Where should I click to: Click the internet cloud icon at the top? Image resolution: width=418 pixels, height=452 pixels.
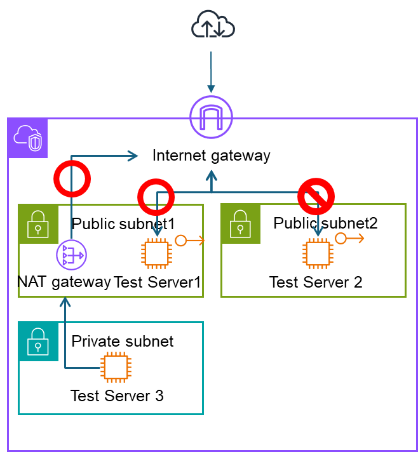[213, 24]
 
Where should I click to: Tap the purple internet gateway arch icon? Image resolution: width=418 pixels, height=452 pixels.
[211, 117]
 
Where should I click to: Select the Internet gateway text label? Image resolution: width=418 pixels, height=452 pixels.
[211, 156]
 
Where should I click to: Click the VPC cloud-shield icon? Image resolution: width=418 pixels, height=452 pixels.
[28, 138]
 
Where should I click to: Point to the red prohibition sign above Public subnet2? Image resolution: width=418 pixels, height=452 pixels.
[316, 196]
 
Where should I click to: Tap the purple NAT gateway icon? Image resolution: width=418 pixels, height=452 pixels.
[72, 255]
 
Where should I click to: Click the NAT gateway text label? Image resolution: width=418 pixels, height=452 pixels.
[64, 282]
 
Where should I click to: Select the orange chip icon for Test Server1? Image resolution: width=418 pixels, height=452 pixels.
[157, 254]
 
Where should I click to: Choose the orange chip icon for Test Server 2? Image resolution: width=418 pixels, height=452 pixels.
[318, 254]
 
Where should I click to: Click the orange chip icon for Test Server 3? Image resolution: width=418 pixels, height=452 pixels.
[116, 367]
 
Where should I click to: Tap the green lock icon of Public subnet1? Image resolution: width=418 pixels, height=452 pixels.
[38, 224]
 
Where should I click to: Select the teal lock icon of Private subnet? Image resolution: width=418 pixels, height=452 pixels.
[38, 342]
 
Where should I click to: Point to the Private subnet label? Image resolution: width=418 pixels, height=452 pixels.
[123, 342]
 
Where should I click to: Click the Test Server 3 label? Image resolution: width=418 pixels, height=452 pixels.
[117, 395]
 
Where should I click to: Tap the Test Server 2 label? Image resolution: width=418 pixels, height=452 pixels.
[316, 282]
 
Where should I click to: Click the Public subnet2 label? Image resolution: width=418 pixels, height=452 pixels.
[326, 223]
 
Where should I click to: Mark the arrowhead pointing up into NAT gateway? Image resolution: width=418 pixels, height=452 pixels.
[65, 302]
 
